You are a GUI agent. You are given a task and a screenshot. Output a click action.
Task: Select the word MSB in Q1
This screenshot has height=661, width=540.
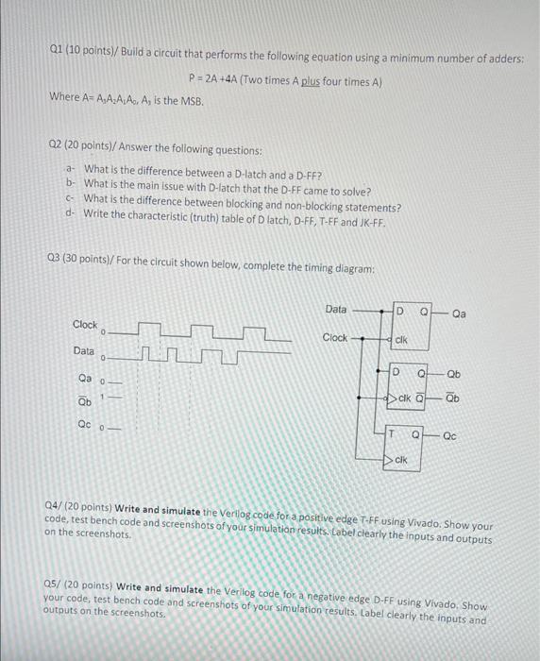(191, 98)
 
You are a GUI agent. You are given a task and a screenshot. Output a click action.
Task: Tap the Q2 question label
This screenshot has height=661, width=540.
(59, 149)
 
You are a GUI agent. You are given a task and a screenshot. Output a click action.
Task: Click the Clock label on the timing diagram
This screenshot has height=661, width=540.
(85, 325)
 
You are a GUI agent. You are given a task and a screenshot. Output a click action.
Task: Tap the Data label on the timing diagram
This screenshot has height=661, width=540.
(85, 351)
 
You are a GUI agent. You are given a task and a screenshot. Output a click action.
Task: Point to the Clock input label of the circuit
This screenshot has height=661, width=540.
(335, 337)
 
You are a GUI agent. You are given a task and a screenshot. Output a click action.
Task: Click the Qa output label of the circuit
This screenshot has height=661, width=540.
(460, 312)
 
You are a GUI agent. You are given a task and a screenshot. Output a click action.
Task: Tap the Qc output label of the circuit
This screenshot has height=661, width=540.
(449, 437)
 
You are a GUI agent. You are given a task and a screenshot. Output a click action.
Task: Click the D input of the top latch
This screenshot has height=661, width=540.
(399, 312)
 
